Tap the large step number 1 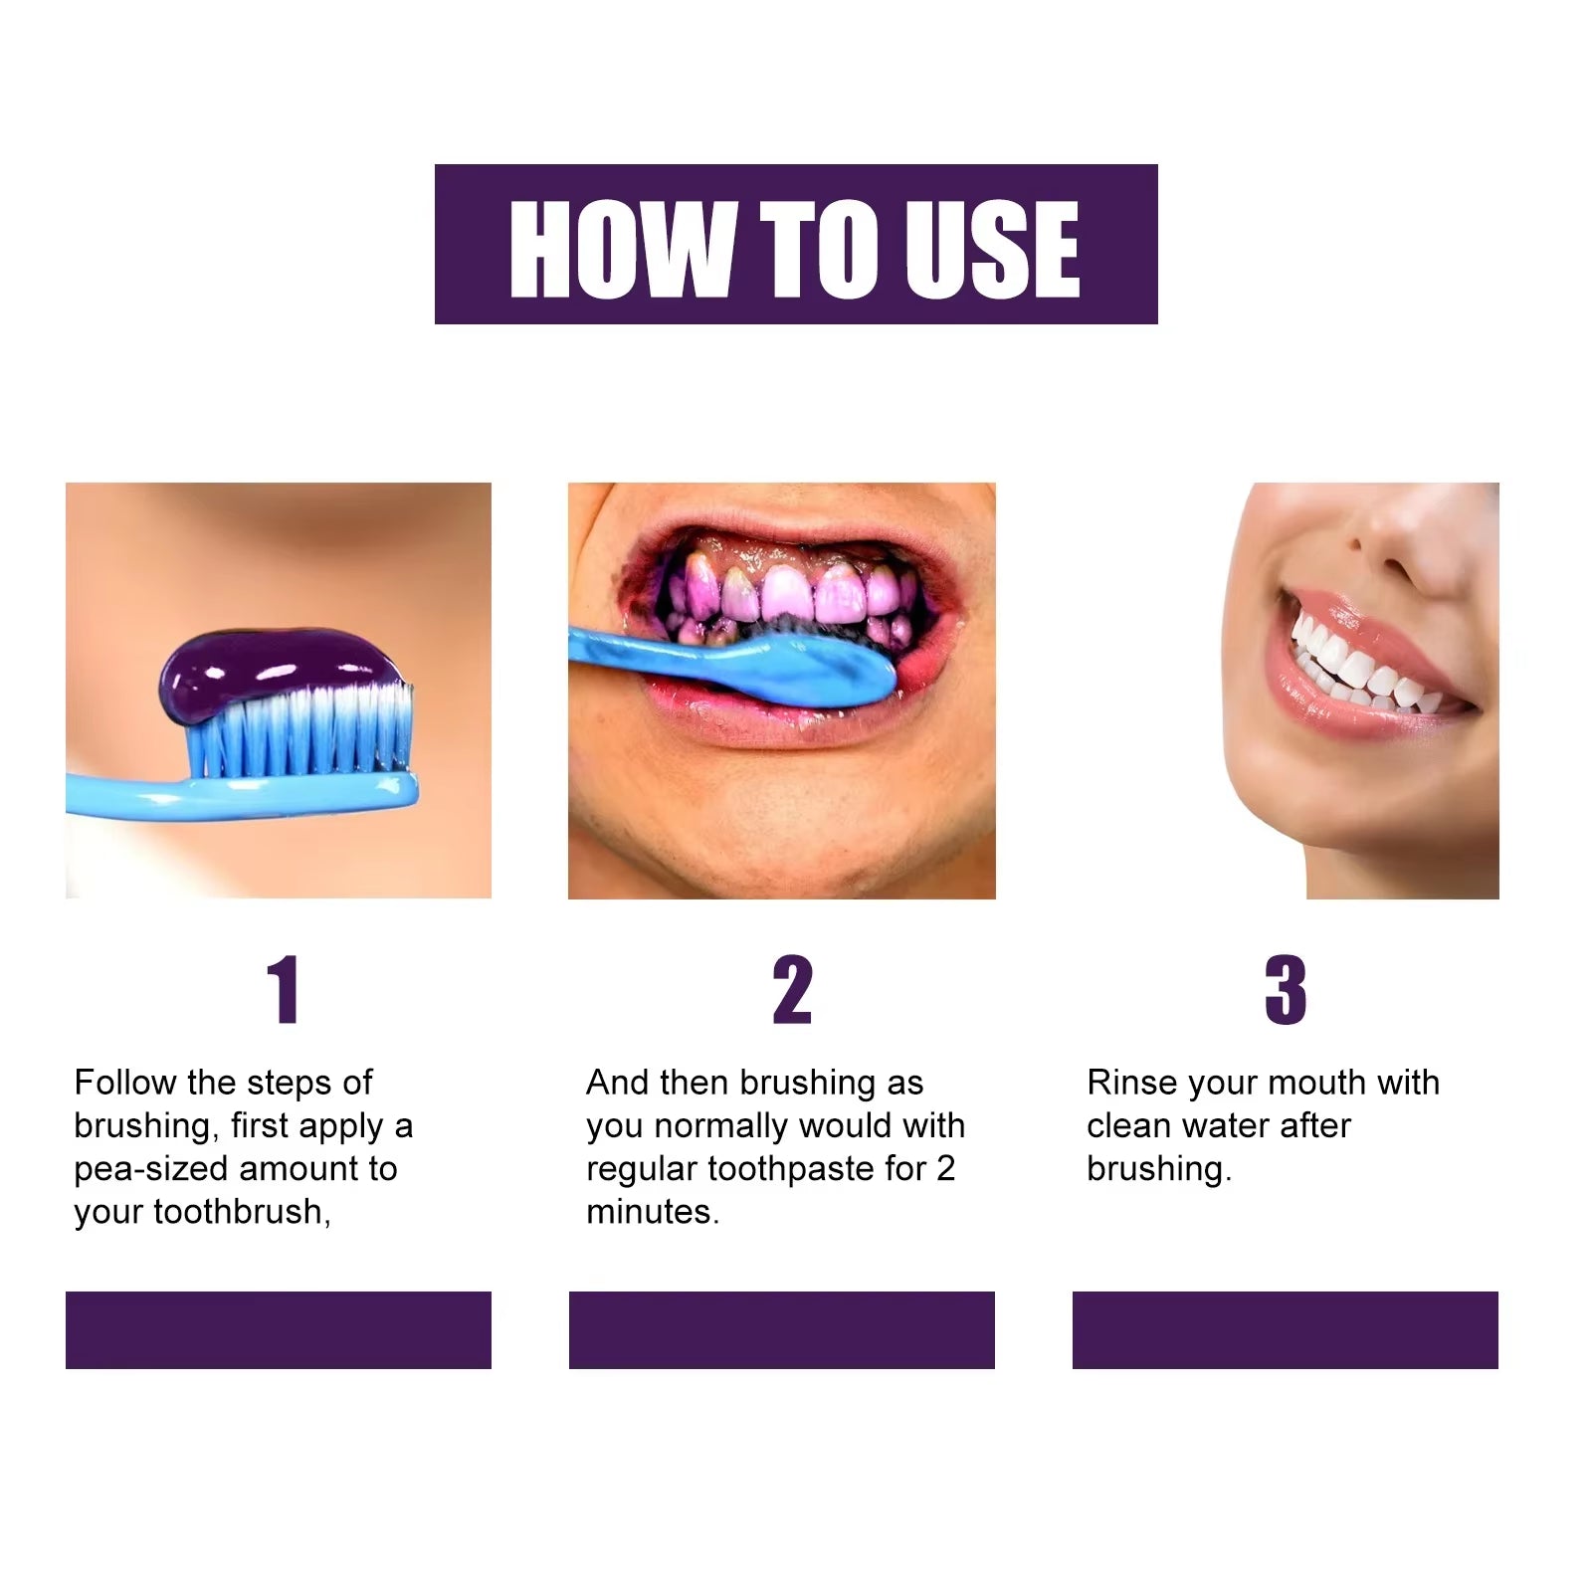coord(284,990)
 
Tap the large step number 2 coord(792,990)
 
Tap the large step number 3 coord(1285,990)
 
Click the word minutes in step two coord(651,1212)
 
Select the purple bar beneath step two coord(781,1329)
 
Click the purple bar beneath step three coord(1285,1329)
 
